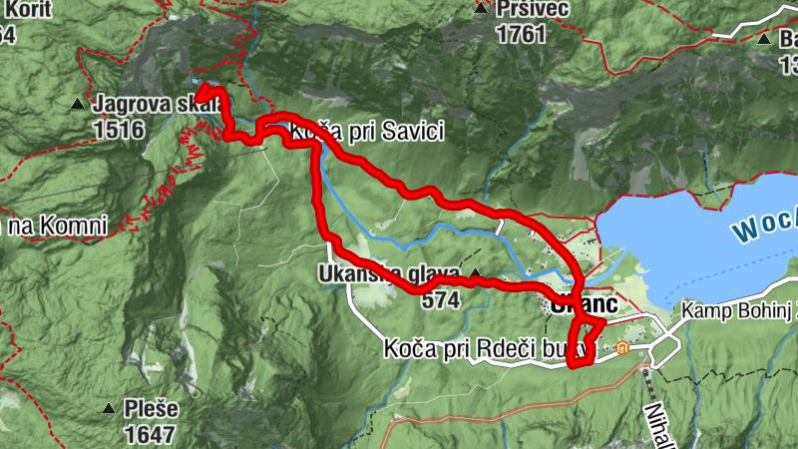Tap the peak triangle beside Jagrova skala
[x=78, y=103]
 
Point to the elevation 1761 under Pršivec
[x=521, y=35]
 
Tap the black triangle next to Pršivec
[x=482, y=10]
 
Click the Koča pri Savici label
[x=365, y=131]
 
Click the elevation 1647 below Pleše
[x=151, y=434]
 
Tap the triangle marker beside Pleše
[x=108, y=408]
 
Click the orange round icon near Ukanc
[x=623, y=348]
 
